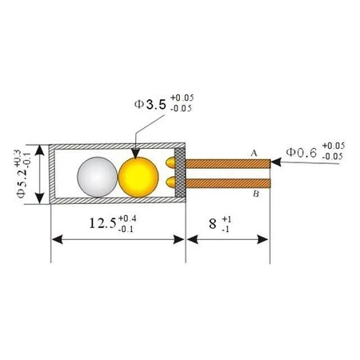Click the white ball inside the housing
click(x=96, y=174)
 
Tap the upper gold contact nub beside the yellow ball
click(x=170, y=162)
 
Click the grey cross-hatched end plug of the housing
click(x=182, y=174)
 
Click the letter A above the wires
click(x=254, y=152)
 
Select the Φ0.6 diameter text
click(x=302, y=150)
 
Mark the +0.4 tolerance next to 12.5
click(x=126, y=218)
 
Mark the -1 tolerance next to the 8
click(x=227, y=230)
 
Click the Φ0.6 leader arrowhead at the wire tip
click(x=275, y=162)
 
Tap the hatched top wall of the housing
click(x=116, y=148)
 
